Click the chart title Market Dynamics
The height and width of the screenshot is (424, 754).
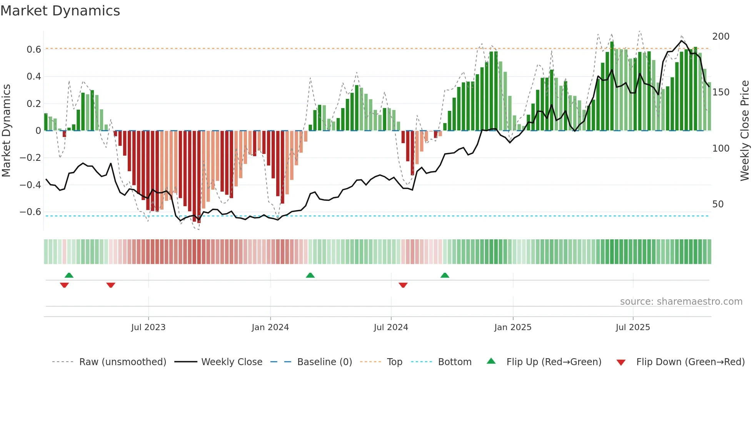click(x=60, y=11)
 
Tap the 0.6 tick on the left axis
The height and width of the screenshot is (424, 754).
click(x=34, y=50)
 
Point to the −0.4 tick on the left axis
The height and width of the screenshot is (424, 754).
click(x=30, y=185)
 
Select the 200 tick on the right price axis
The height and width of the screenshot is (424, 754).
click(x=721, y=37)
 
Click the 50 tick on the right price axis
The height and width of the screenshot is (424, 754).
click(x=718, y=204)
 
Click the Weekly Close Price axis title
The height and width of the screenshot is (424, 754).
click(x=745, y=131)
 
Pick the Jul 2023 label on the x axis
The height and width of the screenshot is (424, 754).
click(x=148, y=327)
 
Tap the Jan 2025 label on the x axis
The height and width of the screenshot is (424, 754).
click(x=512, y=327)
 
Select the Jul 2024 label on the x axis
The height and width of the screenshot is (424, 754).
click(x=390, y=327)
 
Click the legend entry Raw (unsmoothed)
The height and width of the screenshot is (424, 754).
click(x=122, y=362)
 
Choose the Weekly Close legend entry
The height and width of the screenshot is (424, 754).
click(x=232, y=362)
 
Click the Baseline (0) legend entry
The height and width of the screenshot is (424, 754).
click(x=324, y=362)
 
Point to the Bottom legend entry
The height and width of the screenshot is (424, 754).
click(x=454, y=362)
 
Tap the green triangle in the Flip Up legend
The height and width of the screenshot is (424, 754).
click(x=491, y=361)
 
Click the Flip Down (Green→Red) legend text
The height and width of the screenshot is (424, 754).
click(x=690, y=362)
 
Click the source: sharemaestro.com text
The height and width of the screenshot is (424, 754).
click(x=681, y=302)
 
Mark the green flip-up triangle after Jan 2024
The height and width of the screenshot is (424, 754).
click(x=310, y=275)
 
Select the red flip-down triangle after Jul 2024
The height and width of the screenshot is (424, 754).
click(x=403, y=285)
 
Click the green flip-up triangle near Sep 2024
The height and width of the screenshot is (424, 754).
click(x=445, y=275)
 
